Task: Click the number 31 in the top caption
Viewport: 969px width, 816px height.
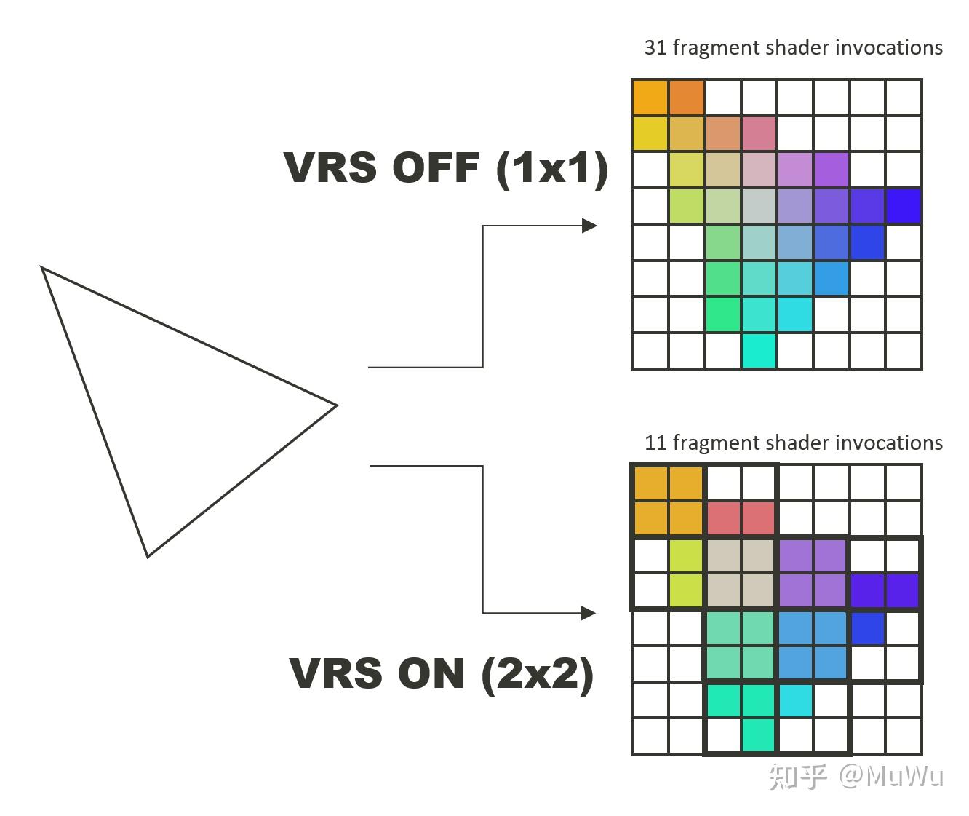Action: pos(655,48)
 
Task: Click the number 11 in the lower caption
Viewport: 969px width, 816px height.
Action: pos(655,443)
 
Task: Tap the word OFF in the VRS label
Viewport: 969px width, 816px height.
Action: pos(436,168)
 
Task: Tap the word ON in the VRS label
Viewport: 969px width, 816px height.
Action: pos(431,673)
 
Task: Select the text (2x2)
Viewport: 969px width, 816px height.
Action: pos(537,673)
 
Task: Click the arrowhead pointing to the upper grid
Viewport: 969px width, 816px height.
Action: pos(590,226)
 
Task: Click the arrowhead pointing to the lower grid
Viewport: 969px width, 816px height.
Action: pos(589,613)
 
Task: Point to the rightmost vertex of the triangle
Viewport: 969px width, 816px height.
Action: pos(337,405)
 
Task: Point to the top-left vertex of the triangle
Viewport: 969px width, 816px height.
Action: pos(42,268)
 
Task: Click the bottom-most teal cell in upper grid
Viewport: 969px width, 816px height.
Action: pos(759,351)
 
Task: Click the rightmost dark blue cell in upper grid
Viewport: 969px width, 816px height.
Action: pos(903,206)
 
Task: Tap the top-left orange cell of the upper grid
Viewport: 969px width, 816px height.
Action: pos(650,98)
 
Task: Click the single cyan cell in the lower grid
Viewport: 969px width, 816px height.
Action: pos(795,700)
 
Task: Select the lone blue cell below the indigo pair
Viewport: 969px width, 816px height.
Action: pos(867,628)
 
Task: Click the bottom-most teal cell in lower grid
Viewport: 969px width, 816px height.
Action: pos(759,736)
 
